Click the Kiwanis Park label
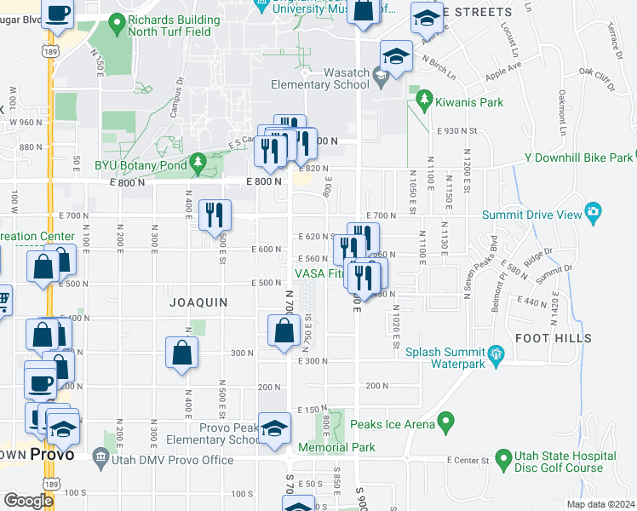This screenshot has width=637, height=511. [x=468, y=102]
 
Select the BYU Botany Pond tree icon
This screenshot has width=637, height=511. [x=198, y=160]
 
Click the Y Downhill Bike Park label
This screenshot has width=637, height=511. [x=579, y=158]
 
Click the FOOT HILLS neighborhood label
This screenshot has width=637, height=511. [x=553, y=338]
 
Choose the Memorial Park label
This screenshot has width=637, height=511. [x=336, y=446]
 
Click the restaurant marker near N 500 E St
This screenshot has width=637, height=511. [x=215, y=215]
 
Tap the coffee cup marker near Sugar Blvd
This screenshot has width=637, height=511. [x=58, y=14]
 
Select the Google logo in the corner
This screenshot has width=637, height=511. [x=28, y=501]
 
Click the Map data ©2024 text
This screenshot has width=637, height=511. [x=601, y=504]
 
